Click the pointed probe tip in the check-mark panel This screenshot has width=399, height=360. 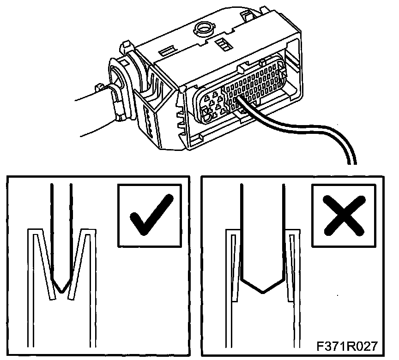pyautogui.click(x=62, y=287)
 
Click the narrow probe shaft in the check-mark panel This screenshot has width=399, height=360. pyautogui.click(x=62, y=222)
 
